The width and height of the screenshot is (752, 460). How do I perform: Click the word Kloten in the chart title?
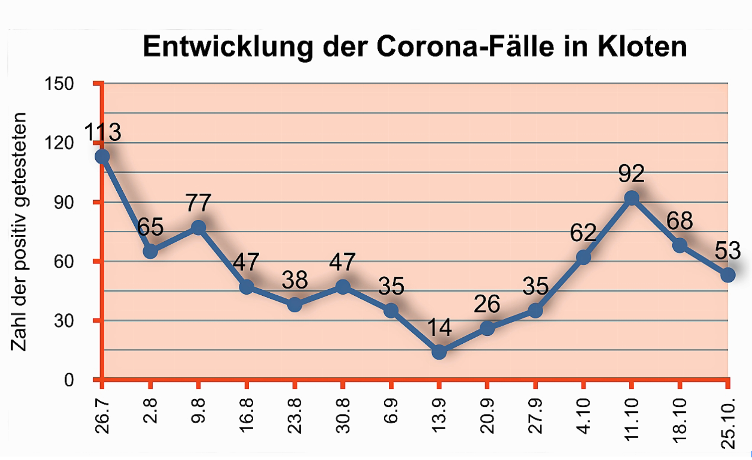[x=642, y=47]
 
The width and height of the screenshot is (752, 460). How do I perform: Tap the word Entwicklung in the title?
[x=228, y=47]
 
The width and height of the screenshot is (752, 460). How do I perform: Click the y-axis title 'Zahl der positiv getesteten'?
[x=19, y=232]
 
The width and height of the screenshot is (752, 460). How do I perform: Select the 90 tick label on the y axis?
[x=63, y=202]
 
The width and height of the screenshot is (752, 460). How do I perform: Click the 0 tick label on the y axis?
[x=69, y=380]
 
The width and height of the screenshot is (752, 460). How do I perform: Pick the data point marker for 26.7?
[x=102, y=156]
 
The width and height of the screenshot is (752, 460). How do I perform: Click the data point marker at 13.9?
[x=439, y=352]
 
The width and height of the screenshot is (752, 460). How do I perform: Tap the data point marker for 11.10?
[x=632, y=198]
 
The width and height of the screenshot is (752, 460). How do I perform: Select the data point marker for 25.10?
[x=728, y=275]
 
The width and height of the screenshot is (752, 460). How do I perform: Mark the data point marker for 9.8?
[x=199, y=227]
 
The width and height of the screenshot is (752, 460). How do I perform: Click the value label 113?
[x=102, y=132]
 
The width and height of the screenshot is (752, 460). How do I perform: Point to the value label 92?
[x=632, y=174]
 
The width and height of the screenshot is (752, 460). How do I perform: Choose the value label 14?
[x=439, y=328]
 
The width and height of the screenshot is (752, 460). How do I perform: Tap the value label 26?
[x=487, y=304]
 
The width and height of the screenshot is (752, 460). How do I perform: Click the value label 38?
[x=295, y=280]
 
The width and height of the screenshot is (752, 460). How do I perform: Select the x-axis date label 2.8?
[x=150, y=411]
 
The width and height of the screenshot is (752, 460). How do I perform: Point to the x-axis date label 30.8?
[x=343, y=416]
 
